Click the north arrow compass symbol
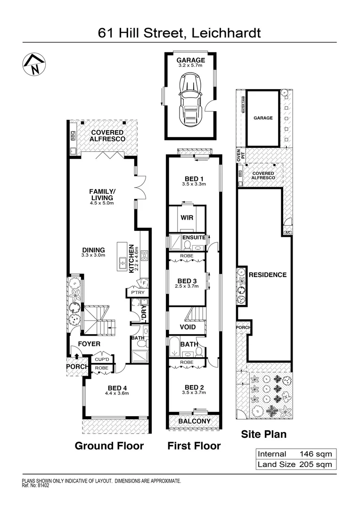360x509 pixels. coord(33,65)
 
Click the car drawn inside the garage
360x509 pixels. coord(191,101)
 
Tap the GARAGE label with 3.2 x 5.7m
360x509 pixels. coord(191,63)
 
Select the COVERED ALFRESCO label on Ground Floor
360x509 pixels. coord(108,136)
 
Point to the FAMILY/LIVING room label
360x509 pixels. coord(102,197)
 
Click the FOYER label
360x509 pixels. coord(90,344)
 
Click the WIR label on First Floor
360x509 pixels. coord(187,218)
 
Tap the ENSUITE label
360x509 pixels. coord(194,238)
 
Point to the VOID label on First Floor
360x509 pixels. coord(188,327)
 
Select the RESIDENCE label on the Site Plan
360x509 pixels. coord(268,275)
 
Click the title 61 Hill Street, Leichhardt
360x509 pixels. coord(180,33)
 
